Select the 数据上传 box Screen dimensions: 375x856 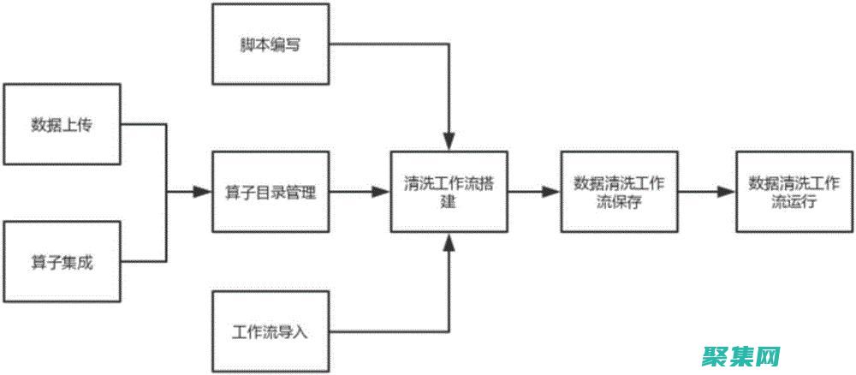[x=62, y=125]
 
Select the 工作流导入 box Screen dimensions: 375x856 [x=270, y=331]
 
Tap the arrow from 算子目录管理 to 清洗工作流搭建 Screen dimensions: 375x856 [x=360, y=193]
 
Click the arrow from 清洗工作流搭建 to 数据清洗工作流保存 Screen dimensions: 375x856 [x=535, y=193]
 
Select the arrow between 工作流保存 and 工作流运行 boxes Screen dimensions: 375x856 [x=707, y=193]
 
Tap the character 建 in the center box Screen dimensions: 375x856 [x=449, y=203]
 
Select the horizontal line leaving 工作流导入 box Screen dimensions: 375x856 [x=385, y=331]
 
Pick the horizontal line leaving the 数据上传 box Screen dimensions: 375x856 [x=144, y=125]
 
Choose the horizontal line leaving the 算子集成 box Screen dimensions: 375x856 [x=144, y=262]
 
